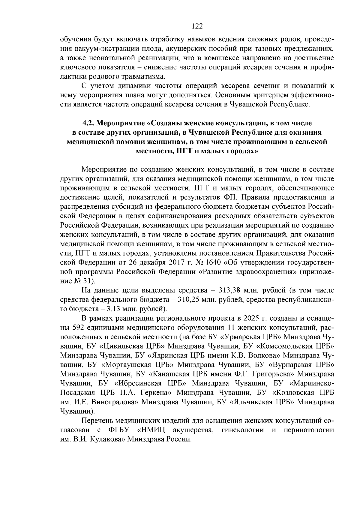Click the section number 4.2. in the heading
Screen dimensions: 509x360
pos(89,123)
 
